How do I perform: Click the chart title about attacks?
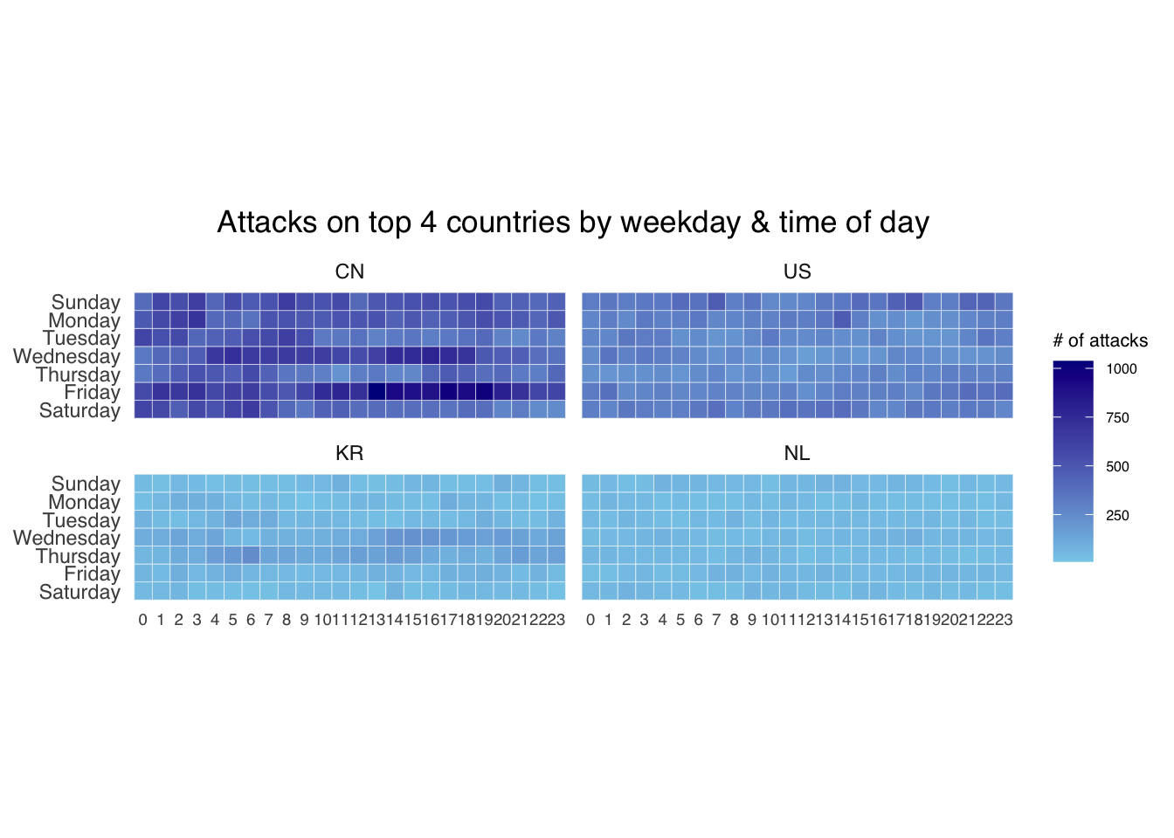pos(573,223)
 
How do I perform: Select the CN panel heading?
pos(349,271)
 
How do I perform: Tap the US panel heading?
pos(797,271)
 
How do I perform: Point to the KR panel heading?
pos(349,453)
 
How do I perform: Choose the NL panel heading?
pos(797,453)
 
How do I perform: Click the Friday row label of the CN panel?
pos(92,392)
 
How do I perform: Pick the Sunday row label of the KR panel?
pos(86,484)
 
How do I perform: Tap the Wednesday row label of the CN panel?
pos(66,356)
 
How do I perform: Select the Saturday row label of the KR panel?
pos(79,592)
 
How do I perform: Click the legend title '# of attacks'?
pos(1100,340)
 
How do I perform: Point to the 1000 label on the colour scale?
pos(1122,369)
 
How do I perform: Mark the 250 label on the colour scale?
pos(1117,516)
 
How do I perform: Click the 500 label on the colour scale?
pos(1117,467)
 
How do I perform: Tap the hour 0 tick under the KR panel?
pos(143,620)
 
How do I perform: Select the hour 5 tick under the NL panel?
pos(680,620)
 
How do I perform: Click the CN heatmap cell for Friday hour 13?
pos(376,391)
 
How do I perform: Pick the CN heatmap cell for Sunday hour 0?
pos(143,301)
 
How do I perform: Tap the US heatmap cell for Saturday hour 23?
pos(1004,409)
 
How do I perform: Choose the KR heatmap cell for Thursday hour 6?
pos(251,555)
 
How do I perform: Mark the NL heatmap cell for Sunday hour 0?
pos(590,483)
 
